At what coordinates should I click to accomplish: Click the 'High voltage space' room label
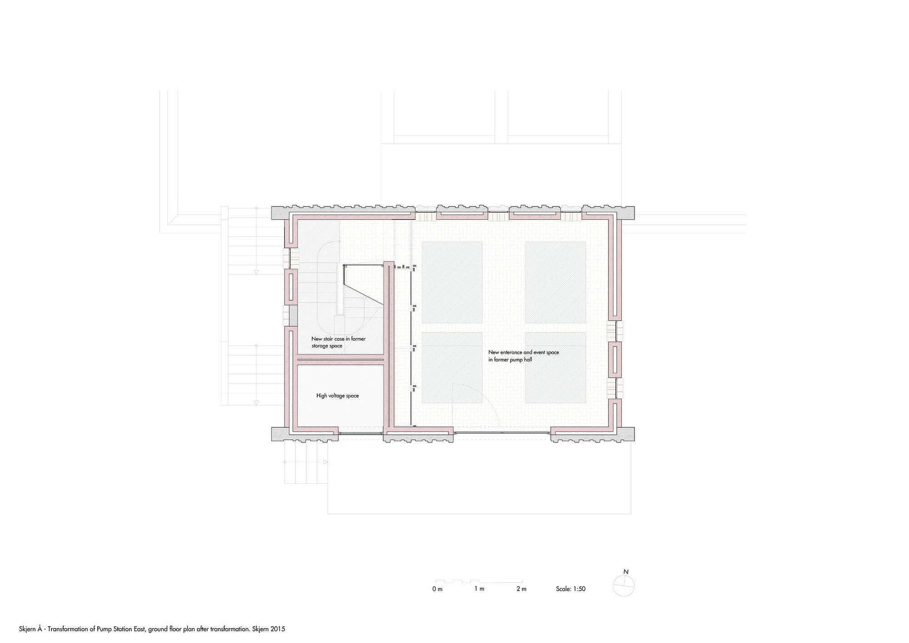[x=337, y=396]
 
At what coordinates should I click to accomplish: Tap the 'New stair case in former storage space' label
[x=338, y=342]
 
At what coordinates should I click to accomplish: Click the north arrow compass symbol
[x=624, y=586]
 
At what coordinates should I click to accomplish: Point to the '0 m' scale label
[x=437, y=589]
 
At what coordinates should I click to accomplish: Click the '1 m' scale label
[x=479, y=589]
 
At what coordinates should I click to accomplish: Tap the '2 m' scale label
[x=521, y=589]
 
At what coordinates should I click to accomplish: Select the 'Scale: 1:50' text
[x=570, y=589]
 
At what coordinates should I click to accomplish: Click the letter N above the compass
[x=626, y=572]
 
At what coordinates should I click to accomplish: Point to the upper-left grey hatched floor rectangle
[x=452, y=282]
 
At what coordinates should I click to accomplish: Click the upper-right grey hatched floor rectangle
[x=555, y=282]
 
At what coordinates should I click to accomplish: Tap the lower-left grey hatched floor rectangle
[x=452, y=367]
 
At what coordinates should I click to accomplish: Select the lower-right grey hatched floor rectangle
[x=555, y=367]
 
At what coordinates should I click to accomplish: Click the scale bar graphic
[x=479, y=581]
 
